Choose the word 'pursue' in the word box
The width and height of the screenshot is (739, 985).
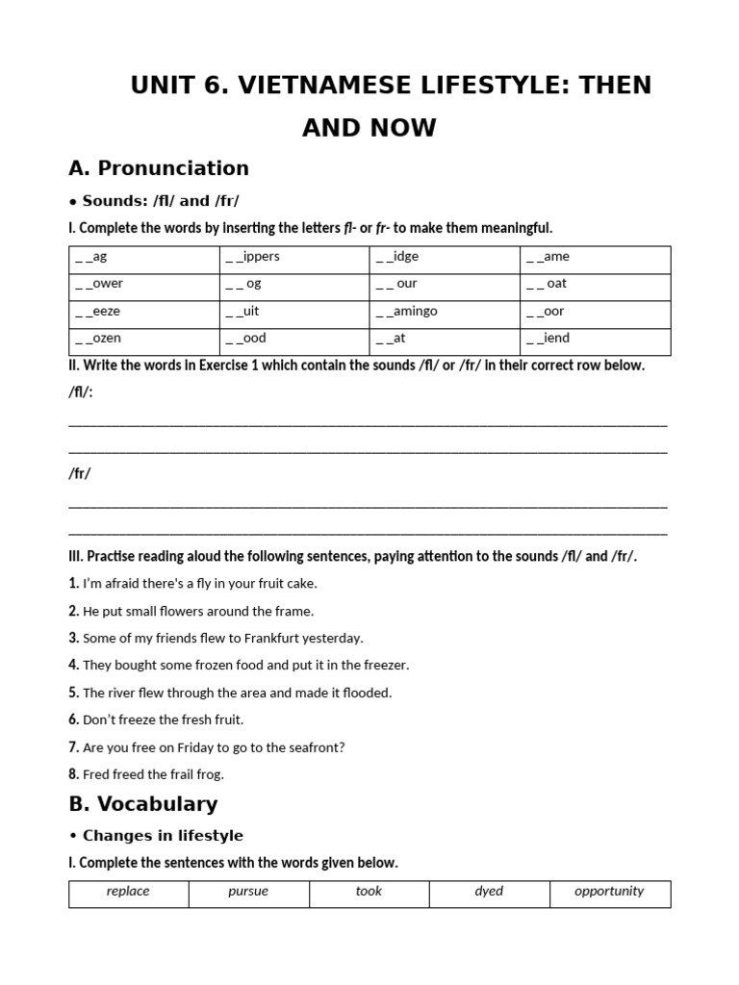coord(248,892)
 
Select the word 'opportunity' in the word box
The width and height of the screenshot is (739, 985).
coord(609,892)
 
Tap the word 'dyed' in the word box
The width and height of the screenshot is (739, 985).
coord(489,892)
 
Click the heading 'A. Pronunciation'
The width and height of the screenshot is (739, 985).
coord(159,168)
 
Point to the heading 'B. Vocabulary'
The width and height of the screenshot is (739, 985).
coord(143,804)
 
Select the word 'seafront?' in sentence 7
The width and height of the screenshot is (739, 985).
coord(318,747)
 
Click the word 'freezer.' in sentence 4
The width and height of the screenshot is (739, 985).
coord(385,666)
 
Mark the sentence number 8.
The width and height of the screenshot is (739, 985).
coord(74,774)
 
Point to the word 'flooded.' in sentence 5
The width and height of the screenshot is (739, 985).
coord(367,693)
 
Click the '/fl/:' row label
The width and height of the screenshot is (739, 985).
coord(81,393)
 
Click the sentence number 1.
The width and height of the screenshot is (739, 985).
coord(74,583)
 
